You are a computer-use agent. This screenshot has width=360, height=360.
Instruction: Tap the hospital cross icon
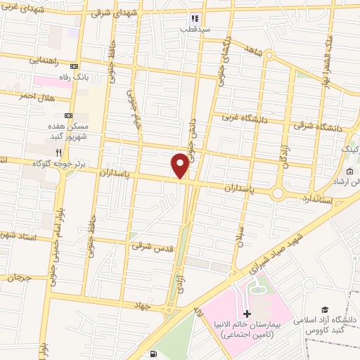coord(246,314)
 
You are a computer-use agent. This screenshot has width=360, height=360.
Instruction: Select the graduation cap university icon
coord(325,309)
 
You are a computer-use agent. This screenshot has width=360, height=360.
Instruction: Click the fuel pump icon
coord(154,355)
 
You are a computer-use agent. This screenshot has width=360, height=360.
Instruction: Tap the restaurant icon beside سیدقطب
coord(195,19)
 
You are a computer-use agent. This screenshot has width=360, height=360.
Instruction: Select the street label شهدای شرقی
coord(111,13)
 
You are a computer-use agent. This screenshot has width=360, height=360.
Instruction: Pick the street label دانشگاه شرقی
coord(322,127)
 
